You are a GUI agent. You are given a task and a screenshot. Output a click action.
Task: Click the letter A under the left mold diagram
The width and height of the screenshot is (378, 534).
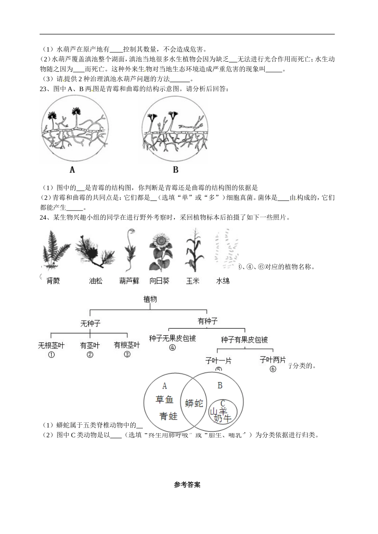(72, 170)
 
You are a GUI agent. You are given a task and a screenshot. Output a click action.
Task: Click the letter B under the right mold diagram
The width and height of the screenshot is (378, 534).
(175, 170)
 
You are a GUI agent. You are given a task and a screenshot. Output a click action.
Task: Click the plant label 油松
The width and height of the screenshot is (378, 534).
(95, 281)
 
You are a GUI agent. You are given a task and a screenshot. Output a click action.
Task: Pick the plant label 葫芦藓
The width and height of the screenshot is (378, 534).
(129, 281)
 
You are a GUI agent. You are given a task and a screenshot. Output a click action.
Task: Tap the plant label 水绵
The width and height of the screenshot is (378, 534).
(222, 281)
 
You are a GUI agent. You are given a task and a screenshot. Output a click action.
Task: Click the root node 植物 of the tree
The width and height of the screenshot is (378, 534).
(150, 299)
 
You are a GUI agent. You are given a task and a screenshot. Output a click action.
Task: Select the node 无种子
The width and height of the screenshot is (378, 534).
(90, 323)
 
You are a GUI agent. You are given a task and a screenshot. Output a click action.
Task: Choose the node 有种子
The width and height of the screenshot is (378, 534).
(207, 321)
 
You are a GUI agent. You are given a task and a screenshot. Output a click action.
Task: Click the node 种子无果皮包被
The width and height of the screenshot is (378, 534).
(172, 338)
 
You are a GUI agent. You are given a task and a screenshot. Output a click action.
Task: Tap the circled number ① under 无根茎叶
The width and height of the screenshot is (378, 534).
(51, 355)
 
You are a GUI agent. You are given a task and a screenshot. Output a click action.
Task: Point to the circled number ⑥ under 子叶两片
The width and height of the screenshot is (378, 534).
(273, 369)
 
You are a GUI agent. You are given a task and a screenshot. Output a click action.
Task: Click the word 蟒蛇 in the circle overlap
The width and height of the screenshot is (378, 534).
(194, 403)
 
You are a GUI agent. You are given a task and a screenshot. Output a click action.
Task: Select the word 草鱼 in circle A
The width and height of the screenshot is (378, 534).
(164, 399)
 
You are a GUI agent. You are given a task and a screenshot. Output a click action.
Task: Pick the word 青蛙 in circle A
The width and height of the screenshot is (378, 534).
(168, 416)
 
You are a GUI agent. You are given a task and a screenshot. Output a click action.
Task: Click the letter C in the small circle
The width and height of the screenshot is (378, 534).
(223, 404)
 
